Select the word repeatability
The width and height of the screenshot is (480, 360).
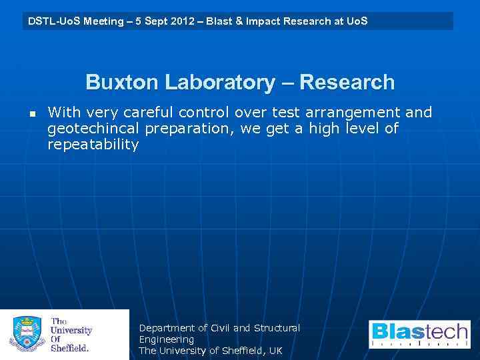93,145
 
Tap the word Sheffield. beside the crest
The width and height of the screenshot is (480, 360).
69,347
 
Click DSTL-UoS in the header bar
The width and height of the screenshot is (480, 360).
51,21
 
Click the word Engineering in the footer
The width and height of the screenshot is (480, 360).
166,339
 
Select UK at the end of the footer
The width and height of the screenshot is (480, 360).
275,351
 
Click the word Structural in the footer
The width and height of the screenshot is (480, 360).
276,328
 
